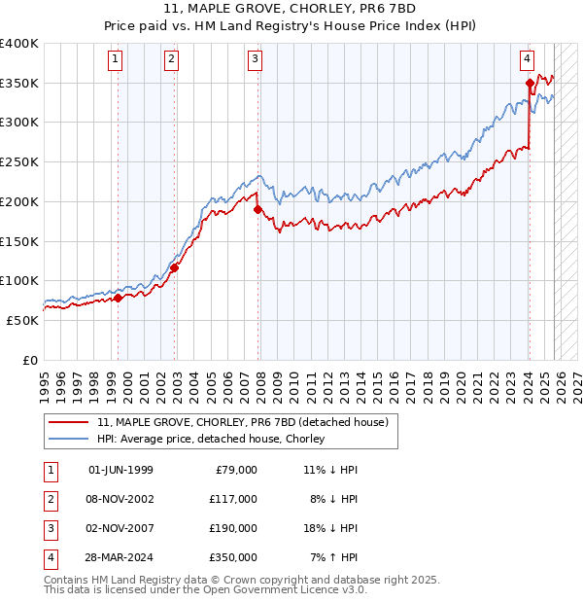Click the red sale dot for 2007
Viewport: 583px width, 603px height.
[257, 209]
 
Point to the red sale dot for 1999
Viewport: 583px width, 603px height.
[118, 298]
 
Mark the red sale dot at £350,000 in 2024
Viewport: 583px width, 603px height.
[530, 83]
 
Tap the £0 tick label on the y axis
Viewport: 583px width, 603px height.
[29, 360]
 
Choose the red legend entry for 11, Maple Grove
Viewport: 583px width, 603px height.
[243, 422]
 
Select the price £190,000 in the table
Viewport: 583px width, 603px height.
[233, 528]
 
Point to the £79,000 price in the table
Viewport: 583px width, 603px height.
[236, 470]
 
